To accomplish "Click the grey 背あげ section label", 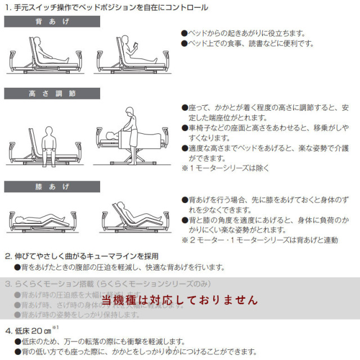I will (x=52, y=22).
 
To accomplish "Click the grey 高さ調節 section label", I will (x=52, y=93).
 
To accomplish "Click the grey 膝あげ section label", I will (x=52, y=186).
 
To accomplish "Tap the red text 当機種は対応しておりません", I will (x=180, y=300).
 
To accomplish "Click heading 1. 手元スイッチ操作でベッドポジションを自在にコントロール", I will (x=106, y=7).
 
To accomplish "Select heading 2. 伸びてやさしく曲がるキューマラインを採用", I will (x=81, y=256).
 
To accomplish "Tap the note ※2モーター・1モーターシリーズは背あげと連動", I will (x=259, y=240).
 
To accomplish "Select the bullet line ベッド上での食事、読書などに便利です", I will (x=247, y=43).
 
